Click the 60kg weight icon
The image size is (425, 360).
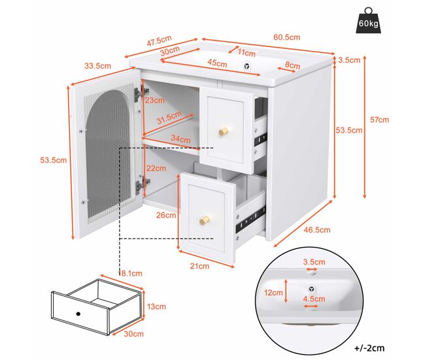click(x=368, y=21)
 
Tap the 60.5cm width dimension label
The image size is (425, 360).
click(x=287, y=37)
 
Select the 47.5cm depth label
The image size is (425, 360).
click(x=159, y=41)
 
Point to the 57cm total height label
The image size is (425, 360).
click(x=379, y=120)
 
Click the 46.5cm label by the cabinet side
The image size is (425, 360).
click(x=317, y=230)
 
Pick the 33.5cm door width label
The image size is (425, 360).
click(x=97, y=66)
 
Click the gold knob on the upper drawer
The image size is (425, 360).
click(x=224, y=131)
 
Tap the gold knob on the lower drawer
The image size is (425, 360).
click(x=204, y=220)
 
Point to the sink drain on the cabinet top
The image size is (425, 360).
click(x=246, y=66)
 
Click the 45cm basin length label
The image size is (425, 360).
click(x=217, y=63)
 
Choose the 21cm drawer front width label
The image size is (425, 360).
click(x=199, y=267)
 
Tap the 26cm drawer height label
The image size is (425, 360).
click(x=166, y=216)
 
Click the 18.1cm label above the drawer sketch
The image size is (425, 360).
click(x=130, y=274)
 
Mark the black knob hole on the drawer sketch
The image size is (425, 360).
click(x=78, y=314)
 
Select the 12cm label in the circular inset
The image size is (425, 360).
click(x=273, y=293)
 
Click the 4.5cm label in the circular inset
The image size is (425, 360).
click(x=314, y=299)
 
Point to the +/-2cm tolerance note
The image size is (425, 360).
click(x=369, y=348)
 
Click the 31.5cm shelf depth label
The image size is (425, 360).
click(x=169, y=118)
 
